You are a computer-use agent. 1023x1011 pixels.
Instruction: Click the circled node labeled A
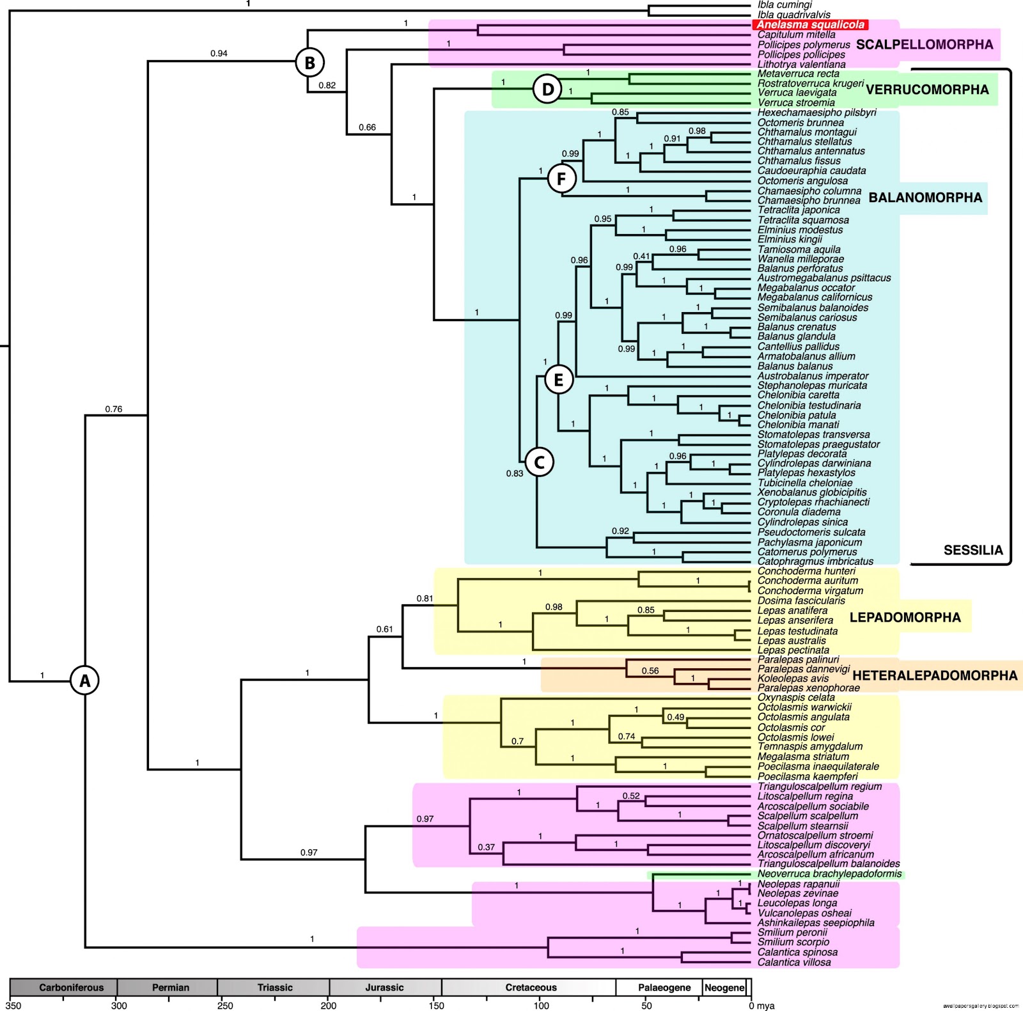85,681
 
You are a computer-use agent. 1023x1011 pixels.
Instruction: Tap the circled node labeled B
309,63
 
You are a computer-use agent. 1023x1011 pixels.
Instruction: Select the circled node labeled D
547,90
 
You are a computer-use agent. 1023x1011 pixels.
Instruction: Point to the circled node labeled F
561,179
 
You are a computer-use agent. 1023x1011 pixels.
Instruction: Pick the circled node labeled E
558,380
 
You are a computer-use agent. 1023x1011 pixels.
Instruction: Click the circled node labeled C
539,462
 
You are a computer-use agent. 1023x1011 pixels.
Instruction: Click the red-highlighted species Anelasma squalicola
810,24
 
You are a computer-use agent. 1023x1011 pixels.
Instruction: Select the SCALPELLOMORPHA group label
925,45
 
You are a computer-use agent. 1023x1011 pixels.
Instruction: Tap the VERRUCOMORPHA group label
927,90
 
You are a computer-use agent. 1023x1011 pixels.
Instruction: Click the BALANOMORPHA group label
925,198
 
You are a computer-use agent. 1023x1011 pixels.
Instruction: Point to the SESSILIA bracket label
973,550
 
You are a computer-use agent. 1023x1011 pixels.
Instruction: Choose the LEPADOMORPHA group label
905,617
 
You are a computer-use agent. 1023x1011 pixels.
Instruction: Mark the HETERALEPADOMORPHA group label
935,675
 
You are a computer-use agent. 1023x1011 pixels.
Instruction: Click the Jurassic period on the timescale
384,987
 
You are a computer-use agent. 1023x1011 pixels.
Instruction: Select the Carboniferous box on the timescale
71,987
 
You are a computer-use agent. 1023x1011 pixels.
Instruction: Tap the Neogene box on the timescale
724,987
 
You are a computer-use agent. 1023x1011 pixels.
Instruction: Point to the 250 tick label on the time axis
225,1005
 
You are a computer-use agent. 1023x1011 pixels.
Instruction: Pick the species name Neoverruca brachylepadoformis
829,874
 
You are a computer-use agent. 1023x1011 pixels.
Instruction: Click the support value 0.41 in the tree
641,256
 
